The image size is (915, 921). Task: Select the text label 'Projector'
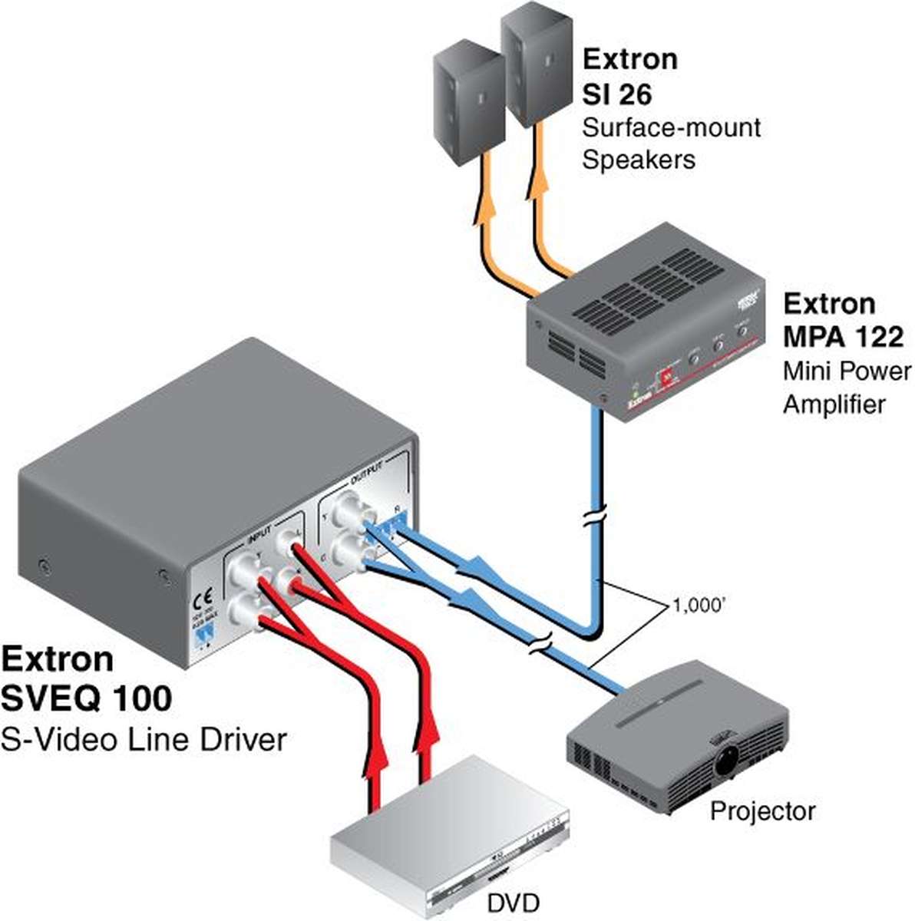point(761,810)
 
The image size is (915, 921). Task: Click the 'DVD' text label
point(513,903)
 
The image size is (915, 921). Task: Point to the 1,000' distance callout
point(699,606)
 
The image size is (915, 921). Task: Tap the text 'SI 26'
point(616,94)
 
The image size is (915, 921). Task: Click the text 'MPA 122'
point(843,336)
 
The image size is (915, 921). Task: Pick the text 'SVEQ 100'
point(86,698)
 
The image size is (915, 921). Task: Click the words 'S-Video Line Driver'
point(144,739)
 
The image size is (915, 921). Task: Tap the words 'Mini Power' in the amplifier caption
point(847,371)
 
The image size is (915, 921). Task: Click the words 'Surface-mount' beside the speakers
point(671,127)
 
